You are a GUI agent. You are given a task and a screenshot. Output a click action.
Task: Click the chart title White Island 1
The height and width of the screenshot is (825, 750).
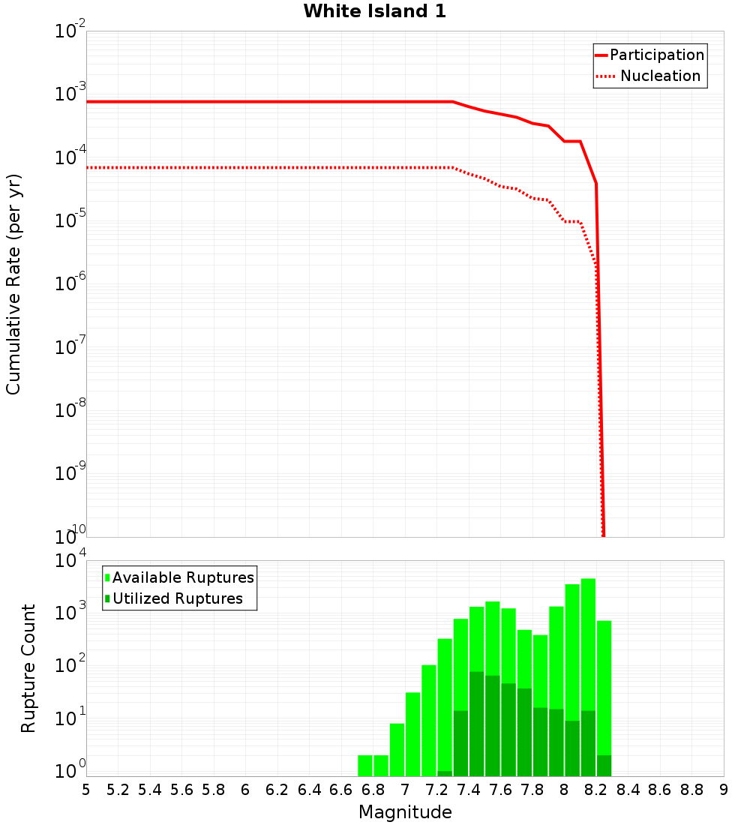coord(375,12)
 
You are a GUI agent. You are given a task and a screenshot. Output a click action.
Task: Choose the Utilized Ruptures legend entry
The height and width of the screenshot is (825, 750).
coord(177,598)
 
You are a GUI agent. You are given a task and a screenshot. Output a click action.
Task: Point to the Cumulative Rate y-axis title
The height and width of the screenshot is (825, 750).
coord(13,283)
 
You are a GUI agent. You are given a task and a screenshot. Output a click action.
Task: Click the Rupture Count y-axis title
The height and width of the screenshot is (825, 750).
coord(28,667)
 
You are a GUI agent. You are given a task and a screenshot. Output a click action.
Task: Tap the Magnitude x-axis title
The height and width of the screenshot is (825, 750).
coord(405,812)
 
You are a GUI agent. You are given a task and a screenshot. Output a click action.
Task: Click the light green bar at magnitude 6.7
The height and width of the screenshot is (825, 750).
coord(365,766)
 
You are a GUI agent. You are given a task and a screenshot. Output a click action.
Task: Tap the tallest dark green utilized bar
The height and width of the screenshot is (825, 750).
coord(476,724)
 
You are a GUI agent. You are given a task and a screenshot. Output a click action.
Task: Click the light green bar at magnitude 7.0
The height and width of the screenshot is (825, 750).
coord(412,734)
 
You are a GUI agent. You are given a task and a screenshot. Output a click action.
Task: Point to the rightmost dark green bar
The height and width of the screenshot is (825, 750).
coord(604,766)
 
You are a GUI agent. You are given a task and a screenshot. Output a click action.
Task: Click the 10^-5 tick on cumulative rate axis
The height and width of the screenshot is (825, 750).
coord(70,221)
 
